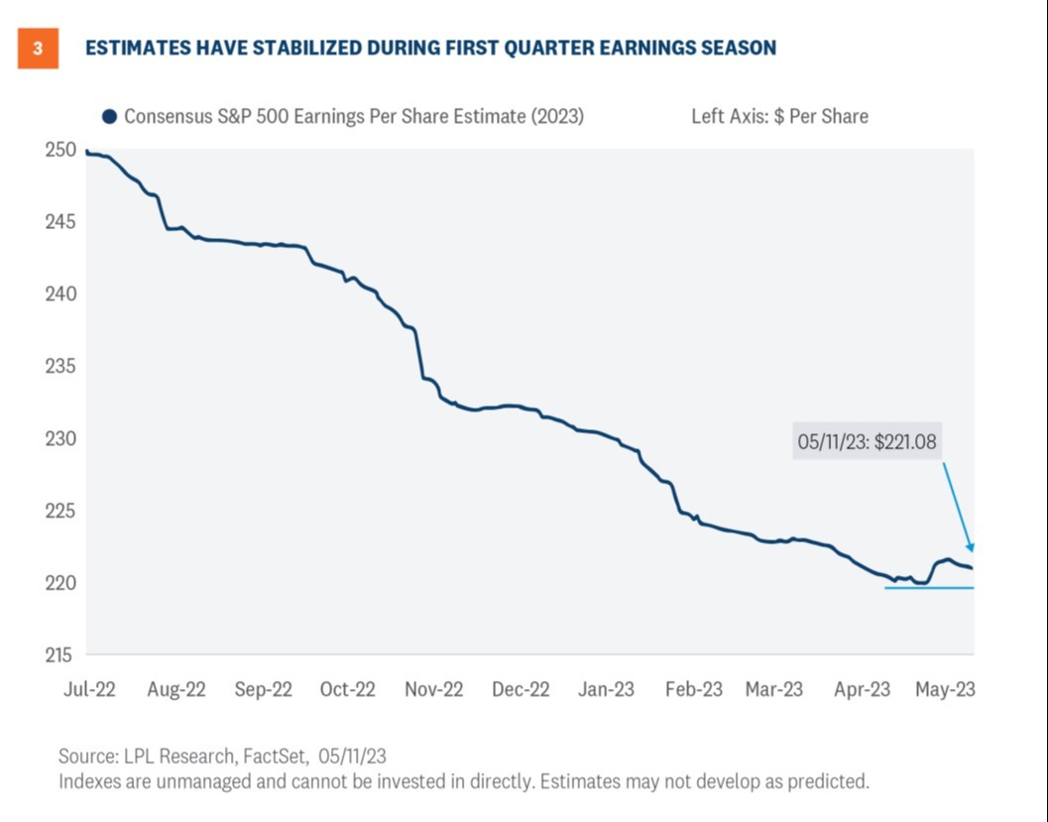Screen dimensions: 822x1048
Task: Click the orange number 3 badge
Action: click(38, 49)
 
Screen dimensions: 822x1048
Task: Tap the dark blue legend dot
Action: click(109, 116)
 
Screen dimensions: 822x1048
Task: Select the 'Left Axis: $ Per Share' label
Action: click(779, 116)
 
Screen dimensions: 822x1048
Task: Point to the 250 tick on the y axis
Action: click(60, 150)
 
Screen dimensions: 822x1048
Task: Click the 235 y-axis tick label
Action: click(60, 366)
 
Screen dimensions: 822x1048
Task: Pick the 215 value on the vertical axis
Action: click(60, 654)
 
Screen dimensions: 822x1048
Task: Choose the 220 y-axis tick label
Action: click(60, 582)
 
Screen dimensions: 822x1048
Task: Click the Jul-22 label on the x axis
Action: click(90, 689)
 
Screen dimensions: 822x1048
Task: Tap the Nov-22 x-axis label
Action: click(433, 689)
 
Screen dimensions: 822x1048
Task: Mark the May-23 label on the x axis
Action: click(944, 689)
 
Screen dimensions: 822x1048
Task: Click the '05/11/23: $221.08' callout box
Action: click(867, 441)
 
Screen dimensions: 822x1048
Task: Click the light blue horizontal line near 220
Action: click(928, 588)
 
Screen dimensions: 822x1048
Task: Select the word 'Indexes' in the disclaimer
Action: click(91, 781)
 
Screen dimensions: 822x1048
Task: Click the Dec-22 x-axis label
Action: click(521, 689)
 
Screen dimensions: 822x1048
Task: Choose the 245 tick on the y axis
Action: click(60, 222)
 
